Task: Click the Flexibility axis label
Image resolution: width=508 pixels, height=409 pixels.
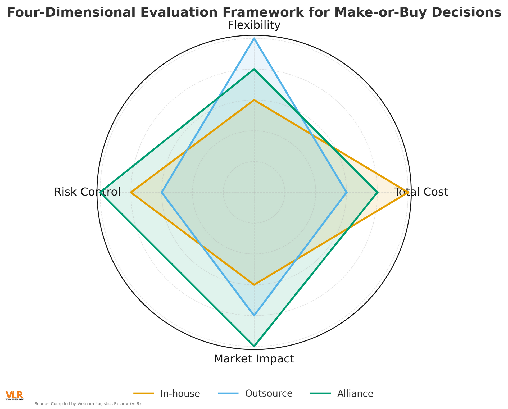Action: pyautogui.click(x=254, y=25)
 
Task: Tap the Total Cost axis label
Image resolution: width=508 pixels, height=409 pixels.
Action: pyautogui.click(x=421, y=192)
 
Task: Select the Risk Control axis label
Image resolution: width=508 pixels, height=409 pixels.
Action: pyautogui.click(x=87, y=192)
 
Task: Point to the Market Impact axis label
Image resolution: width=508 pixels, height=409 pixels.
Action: pyautogui.click(x=254, y=359)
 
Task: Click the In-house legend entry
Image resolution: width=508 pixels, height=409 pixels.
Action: pyautogui.click(x=180, y=394)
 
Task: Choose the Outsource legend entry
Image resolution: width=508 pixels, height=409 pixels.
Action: pyautogui.click(x=269, y=394)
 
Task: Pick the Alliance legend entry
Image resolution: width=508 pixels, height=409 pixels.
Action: pyautogui.click(x=355, y=394)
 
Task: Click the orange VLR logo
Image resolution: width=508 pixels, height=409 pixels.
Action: pyautogui.click(x=14, y=395)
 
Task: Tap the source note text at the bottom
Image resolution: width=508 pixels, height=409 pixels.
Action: pyautogui.click(x=88, y=404)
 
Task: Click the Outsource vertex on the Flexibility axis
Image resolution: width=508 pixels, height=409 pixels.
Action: pyautogui.click(x=254, y=38)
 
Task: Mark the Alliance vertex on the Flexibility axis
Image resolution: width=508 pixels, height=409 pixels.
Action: pyautogui.click(x=254, y=69)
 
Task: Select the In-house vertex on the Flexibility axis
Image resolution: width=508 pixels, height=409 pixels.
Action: pyautogui.click(x=254, y=100)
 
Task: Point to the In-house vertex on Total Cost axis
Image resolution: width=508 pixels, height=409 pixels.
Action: pyautogui.click(x=408, y=192)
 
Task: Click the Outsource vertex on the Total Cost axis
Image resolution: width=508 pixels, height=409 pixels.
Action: pyautogui.click(x=346, y=192)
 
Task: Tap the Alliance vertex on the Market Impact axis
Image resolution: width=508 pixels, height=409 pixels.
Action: pyautogui.click(x=254, y=346)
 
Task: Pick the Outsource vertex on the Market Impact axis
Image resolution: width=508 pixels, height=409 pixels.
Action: pyautogui.click(x=254, y=315)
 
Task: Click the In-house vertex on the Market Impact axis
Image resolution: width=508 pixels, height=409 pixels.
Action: pyautogui.click(x=254, y=285)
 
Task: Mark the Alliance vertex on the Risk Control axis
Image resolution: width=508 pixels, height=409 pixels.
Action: pyautogui.click(x=100, y=192)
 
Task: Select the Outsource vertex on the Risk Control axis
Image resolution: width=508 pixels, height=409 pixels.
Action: pyautogui.click(x=162, y=192)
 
